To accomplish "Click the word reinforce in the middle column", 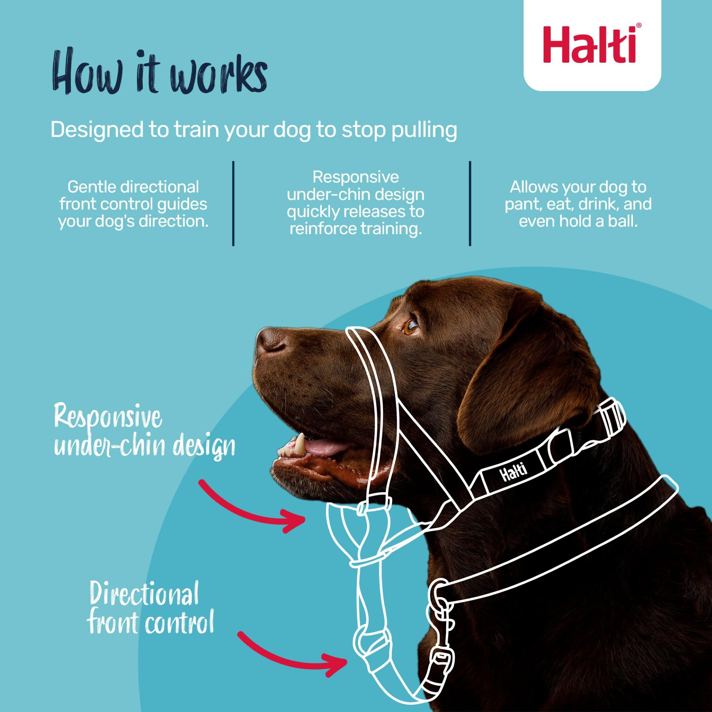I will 321,229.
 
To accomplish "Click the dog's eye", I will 410,327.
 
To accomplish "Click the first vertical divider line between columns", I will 233,203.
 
